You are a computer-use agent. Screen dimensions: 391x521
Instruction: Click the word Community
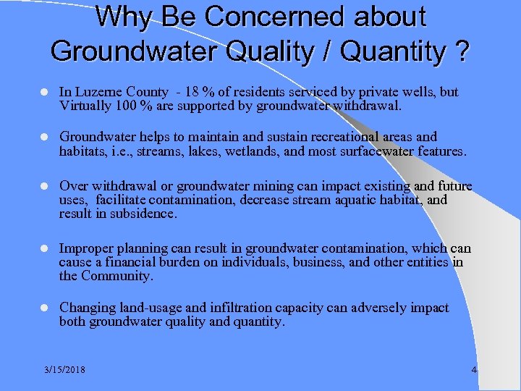point(118,276)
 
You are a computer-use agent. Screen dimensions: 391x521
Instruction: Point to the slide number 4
point(474,370)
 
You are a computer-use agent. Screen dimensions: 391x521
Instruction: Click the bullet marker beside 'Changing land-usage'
point(45,308)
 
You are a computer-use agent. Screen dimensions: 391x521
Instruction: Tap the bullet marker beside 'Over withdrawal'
point(45,186)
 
